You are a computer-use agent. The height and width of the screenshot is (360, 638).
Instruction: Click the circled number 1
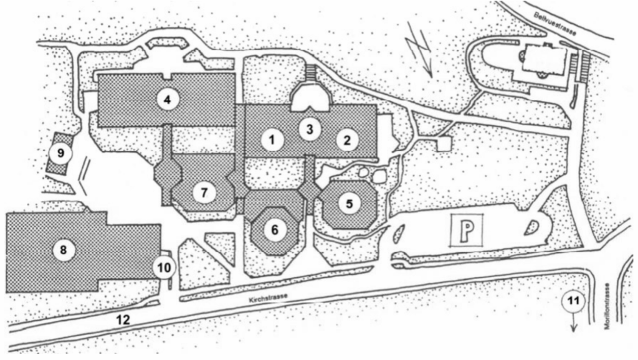pos(272,140)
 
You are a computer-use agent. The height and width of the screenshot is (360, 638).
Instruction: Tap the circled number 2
pos(346,140)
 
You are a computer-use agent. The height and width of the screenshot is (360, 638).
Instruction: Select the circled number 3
pos(308,129)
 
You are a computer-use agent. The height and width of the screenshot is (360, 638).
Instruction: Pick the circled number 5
pos(350,203)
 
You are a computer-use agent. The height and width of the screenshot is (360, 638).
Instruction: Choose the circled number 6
pos(275,229)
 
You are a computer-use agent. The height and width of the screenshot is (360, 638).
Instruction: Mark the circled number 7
pos(203,192)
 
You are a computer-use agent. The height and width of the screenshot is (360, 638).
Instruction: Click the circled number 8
pos(63,250)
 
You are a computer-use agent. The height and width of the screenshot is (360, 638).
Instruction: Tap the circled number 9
pos(60,153)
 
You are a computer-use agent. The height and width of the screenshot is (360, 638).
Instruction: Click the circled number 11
pos(574,302)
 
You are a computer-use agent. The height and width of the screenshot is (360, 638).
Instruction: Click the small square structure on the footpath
pos(443,144)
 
